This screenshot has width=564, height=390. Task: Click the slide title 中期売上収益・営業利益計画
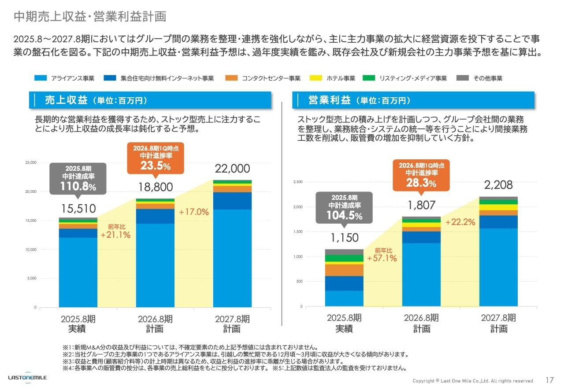[90, 17]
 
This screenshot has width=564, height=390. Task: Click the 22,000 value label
[232, 169]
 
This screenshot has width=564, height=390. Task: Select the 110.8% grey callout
[78, 178]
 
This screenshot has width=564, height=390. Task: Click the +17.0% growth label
[193, 212]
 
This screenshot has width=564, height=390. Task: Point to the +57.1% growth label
[382, 258]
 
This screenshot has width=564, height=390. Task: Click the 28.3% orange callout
[421, 174]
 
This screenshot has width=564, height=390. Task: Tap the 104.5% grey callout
[344, 207]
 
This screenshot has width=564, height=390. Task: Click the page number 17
[549, 380]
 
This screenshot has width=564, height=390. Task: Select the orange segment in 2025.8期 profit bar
[344, 270]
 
